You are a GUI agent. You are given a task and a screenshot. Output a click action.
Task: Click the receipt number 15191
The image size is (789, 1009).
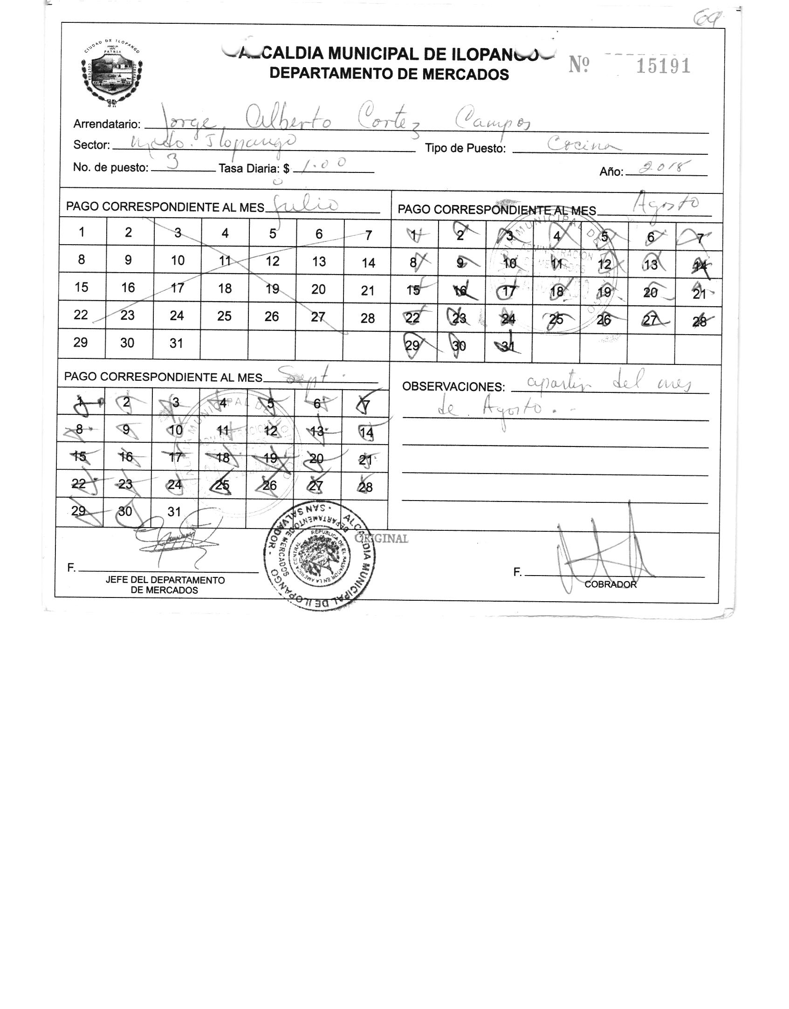click(663, 67)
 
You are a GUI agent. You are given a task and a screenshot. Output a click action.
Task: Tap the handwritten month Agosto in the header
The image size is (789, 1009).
click(668, 205)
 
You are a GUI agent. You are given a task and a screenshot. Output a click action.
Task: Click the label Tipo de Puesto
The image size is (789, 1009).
click(465, 149)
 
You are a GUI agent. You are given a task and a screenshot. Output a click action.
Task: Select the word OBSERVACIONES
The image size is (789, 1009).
click(453, 387)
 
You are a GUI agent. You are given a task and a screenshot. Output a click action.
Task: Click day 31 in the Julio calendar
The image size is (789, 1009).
click(176, 343)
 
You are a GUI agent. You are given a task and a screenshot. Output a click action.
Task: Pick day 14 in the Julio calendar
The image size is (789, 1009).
click(368, 263)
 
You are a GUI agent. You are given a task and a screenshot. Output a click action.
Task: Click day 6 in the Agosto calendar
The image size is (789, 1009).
click(651, 237)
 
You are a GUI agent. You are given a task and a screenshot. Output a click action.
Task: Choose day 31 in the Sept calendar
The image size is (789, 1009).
click(174, 512)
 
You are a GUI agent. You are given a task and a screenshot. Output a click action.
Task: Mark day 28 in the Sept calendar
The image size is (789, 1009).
click(366, 487)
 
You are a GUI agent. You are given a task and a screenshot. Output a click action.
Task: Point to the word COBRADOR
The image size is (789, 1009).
click(610, 584)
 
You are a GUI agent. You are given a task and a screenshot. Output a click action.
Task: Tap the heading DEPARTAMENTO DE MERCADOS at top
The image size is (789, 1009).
click(389, 74)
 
